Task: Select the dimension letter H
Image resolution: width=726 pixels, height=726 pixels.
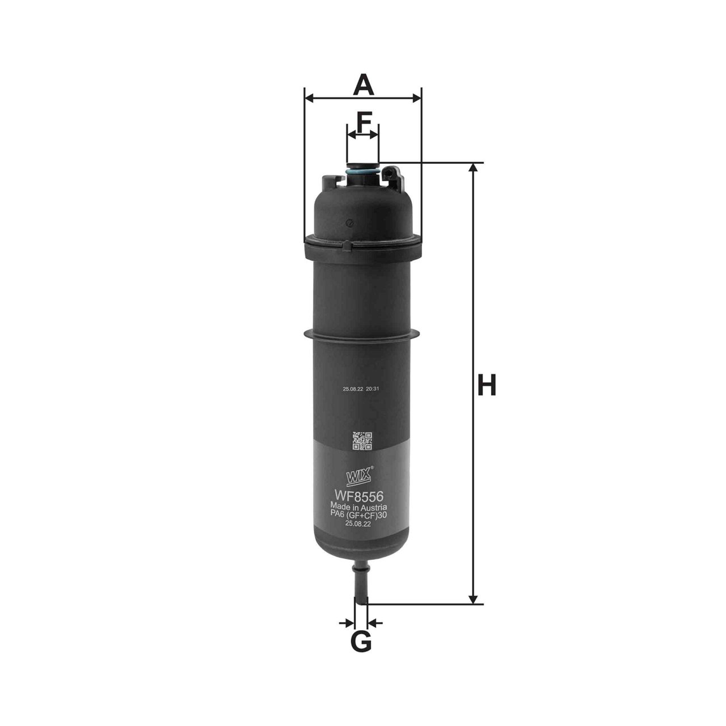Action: pos(486,385)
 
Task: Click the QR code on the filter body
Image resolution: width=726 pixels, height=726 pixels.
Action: pos(362,441)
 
